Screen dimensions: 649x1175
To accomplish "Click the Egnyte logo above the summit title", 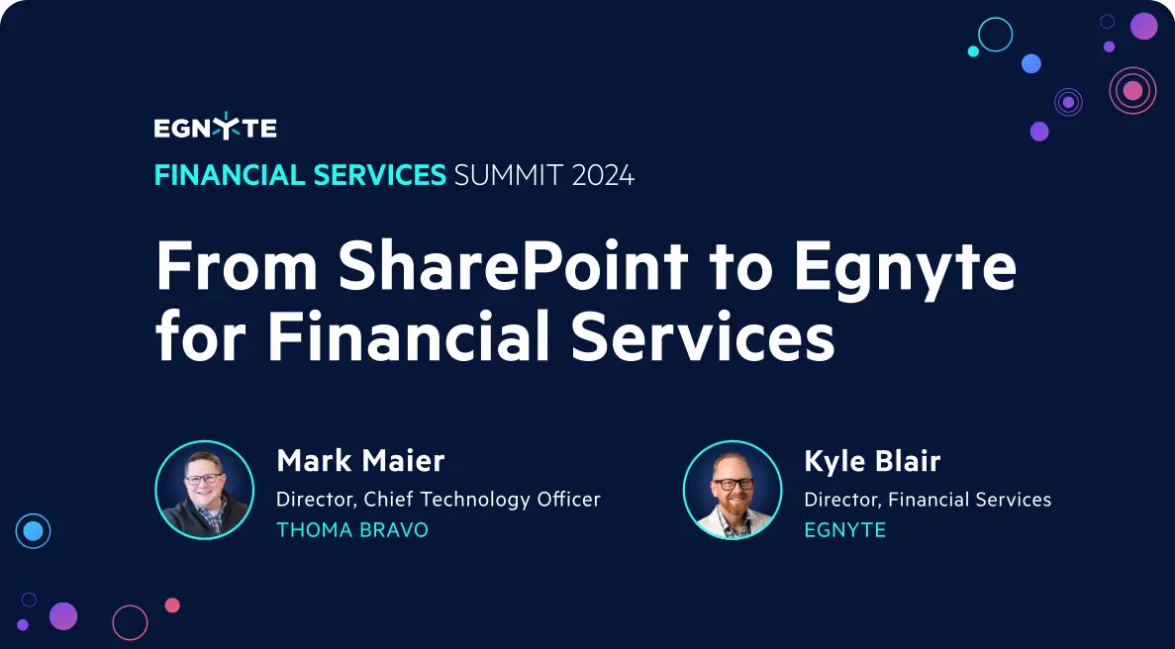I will [215, 128].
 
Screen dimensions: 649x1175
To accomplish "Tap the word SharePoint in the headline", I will [512, 267].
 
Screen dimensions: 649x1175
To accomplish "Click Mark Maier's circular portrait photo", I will [205, 490].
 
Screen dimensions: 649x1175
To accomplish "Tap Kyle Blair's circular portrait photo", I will [733, 490].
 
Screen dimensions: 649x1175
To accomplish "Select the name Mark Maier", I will [360, 461].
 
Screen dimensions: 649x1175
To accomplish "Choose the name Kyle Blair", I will [872, 461].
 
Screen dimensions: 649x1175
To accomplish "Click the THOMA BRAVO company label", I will [352, 530].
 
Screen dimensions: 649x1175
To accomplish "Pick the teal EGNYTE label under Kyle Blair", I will [844, 530].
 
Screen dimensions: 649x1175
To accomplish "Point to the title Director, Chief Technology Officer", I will [439, 500].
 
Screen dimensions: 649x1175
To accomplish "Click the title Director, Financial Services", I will [928, 500].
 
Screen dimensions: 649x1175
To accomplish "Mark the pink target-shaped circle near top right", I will [1132, 91].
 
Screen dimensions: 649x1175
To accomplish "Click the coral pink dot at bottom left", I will [172, 604].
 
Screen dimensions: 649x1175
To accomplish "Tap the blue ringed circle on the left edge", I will [33, 531].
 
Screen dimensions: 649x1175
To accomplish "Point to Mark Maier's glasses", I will [205, 479].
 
